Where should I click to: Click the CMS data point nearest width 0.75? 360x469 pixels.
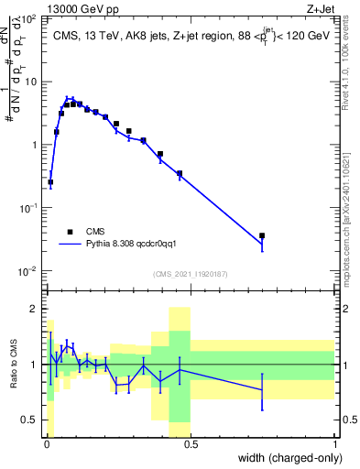(x=262, y=235)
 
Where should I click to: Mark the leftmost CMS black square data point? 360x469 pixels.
(x=50, y=182)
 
